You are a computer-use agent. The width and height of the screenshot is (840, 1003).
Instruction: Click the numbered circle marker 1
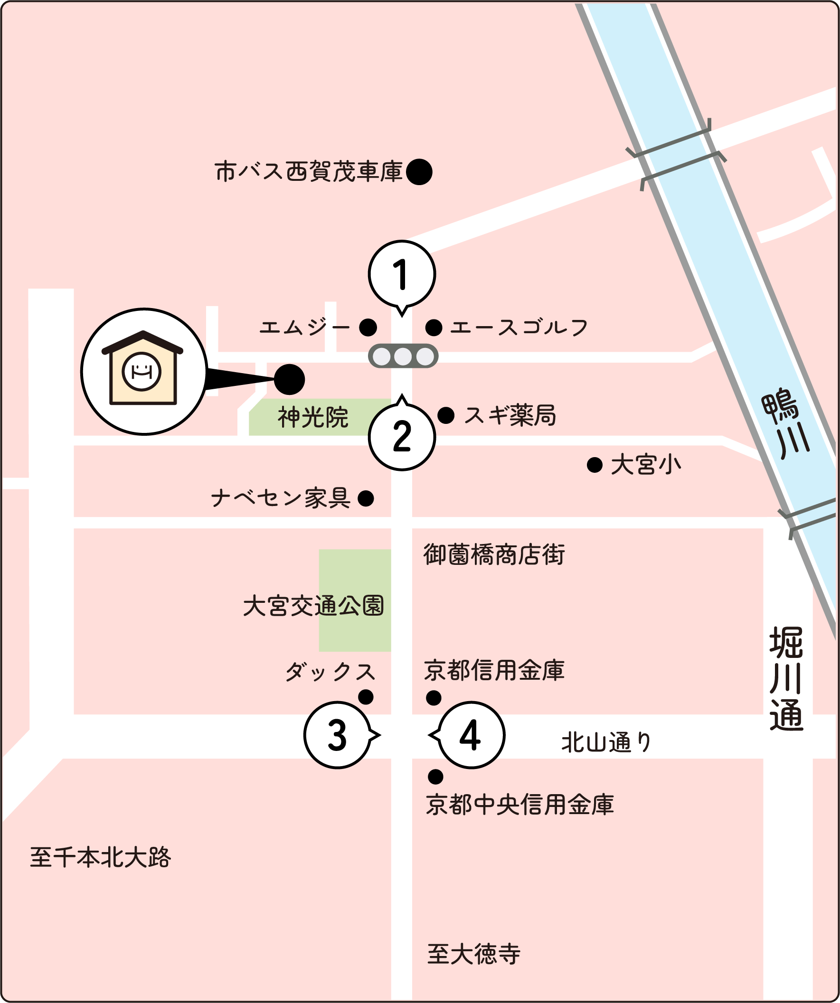tap(402, 274)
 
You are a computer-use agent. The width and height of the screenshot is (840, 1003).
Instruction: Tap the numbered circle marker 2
tap(402, 436)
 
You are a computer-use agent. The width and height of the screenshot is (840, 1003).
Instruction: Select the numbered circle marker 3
tap(337, 735)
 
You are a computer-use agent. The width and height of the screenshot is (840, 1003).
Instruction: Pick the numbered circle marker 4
tap(471, 735)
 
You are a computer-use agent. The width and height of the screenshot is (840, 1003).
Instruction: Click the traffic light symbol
tap(403, 356)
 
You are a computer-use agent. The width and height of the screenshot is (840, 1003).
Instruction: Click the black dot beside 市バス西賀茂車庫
tap(419, 172)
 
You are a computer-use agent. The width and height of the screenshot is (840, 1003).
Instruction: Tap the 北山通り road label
tap(606, 742)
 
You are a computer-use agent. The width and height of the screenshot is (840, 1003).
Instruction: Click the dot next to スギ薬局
tap(446, 415)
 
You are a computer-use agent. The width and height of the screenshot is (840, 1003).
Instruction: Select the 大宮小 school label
tap(645, 465)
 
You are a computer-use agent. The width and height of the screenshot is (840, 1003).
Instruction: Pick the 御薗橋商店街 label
tap(494, 555)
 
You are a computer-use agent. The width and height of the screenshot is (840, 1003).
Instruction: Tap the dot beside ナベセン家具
tap(366, 498)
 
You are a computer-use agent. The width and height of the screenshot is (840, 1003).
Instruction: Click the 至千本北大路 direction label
tap(100, 857)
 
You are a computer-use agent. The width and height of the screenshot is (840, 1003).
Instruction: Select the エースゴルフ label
tap(519, 328)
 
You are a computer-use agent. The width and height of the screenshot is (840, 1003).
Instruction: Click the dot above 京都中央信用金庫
tap(435, 777)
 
